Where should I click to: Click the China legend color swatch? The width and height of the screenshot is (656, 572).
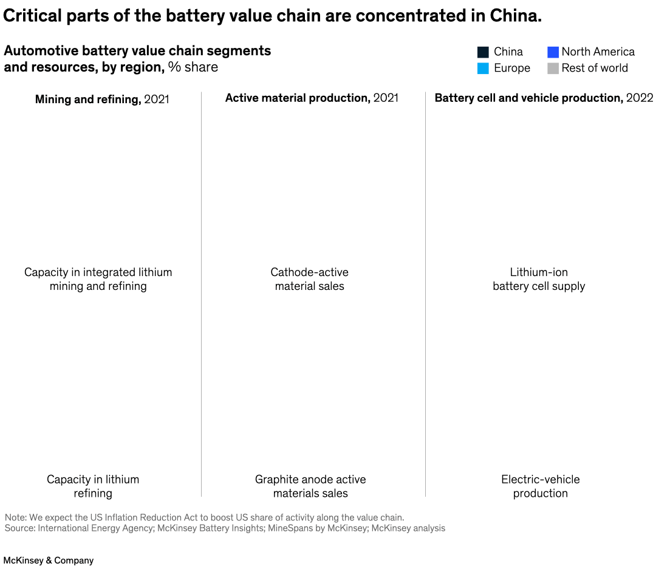click(483, 52)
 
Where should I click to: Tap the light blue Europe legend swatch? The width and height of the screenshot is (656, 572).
click(483, 69)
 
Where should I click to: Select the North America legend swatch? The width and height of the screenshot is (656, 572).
click(553, 52)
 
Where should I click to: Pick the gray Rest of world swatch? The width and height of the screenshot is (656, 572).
click(553, 69)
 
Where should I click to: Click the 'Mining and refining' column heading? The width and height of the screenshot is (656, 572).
click(87, 99)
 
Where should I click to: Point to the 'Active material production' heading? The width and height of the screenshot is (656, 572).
click(298, 98)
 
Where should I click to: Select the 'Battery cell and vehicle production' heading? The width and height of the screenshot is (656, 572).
click(528, 98)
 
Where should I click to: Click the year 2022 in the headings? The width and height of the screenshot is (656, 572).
click(640, 98)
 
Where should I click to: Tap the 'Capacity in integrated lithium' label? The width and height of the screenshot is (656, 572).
click(98, 272)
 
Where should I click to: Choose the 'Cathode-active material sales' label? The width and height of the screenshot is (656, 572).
click(309, 279)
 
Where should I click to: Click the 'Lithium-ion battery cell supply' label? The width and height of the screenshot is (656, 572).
click(539, 279)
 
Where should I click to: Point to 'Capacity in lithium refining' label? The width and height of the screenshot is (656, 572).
click(93, 486)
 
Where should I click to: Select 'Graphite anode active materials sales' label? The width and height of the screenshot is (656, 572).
click(310, 486)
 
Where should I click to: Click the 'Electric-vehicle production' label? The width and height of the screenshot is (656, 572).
click(540, 486)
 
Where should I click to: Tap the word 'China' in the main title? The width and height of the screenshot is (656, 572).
click(514, 16)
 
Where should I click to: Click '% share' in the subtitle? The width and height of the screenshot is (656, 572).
click(193, 67)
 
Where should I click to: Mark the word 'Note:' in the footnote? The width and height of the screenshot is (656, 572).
click(16, 517)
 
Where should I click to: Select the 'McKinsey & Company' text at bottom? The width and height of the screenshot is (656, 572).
click(49, 560)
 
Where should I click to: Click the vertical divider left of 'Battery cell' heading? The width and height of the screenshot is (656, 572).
click(425, 291)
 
